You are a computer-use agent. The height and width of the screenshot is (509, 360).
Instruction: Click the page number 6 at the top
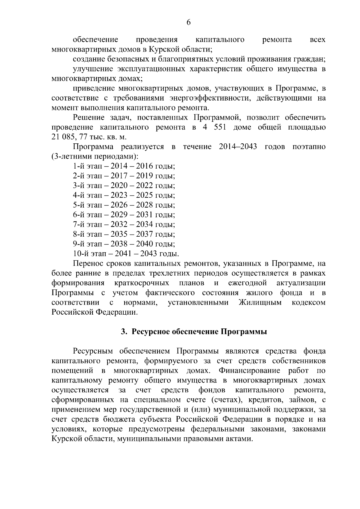coord(189,22)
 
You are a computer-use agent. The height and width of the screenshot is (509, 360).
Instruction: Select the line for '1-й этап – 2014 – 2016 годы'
coord(124,166)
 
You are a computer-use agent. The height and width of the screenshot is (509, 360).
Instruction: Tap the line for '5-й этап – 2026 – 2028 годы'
coord(124,205)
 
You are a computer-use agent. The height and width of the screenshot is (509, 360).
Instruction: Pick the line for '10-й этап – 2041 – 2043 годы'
coord(126,254)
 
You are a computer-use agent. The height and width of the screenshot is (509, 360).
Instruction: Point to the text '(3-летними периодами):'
coord(95,157)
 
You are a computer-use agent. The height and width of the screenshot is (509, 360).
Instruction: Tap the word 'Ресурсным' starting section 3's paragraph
coord(93,351)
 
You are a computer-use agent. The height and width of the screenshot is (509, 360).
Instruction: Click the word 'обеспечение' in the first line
coord(95,40)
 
